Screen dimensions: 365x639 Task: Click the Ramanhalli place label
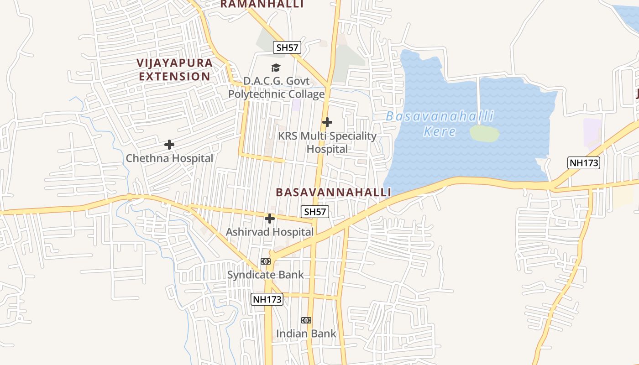coord(262,4)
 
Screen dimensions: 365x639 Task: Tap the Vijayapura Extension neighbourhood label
coord(174,70)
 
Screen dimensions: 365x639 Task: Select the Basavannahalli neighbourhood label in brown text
coord(333,193)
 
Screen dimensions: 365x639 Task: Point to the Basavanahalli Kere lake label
coord(440,124)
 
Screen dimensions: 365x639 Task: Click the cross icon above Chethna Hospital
coord(169,145)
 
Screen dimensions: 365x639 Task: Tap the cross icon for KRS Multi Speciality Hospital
coord(327,122)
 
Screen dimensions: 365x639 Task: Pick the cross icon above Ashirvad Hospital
coord(270,219)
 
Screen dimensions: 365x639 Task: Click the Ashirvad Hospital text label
coord(270,232)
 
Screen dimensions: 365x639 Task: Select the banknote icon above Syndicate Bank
coord(266,261)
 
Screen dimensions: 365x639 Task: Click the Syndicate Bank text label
coord(266,275)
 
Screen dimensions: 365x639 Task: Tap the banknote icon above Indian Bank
coord(306,320)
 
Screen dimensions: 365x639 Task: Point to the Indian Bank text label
coord(306,334)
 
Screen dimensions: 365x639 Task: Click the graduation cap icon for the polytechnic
coord(276,68)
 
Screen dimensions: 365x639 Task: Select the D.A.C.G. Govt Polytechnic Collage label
coord(276,88)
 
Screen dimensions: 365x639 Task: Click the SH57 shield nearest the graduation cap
coord(288,47)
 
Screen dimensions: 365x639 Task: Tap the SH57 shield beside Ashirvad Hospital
coord(315,212)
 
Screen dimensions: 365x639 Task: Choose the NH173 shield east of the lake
coord(583,163)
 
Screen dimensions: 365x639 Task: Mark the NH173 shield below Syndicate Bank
coord(267,299)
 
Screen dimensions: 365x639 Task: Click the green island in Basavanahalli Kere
coord(484,133)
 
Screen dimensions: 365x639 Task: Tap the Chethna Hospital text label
coord(169,158)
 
